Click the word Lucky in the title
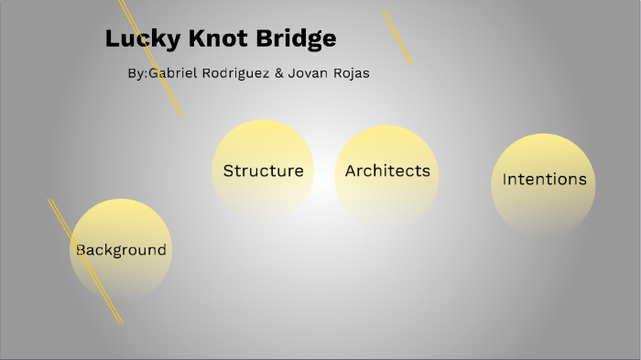pos(135,39)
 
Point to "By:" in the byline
pos(138,73)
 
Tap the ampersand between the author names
pos(278,73)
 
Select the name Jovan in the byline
pos(308,73)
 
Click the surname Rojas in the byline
pos(351,73)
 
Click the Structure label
pos(263,170)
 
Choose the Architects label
pos(387,170)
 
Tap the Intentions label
pos(544,179)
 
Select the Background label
pos(121,249)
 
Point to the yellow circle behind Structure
pos(263,142)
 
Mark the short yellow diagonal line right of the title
pos(397,38)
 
